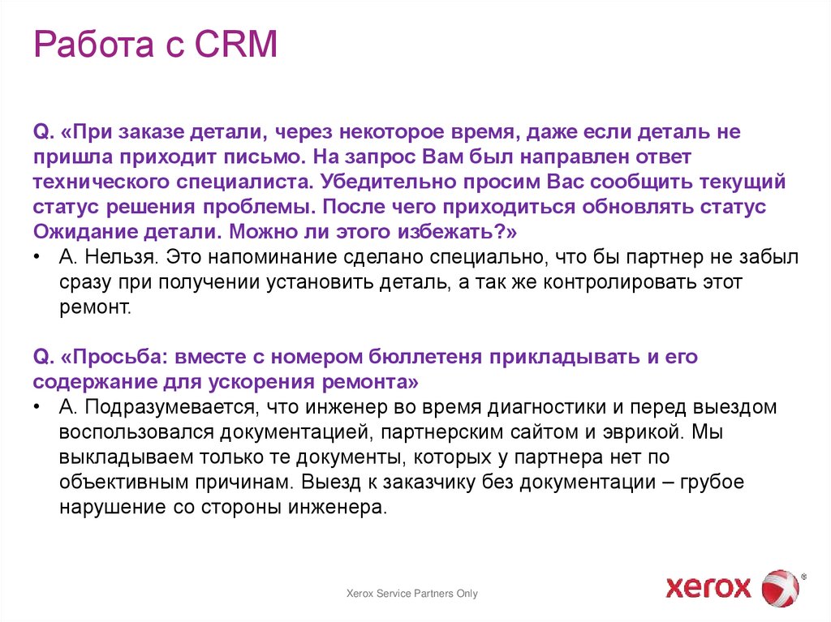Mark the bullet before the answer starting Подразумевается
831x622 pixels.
tap(38, 407)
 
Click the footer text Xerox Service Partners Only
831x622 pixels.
tap(412, 594)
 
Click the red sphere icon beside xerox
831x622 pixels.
tap(781, 586)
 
